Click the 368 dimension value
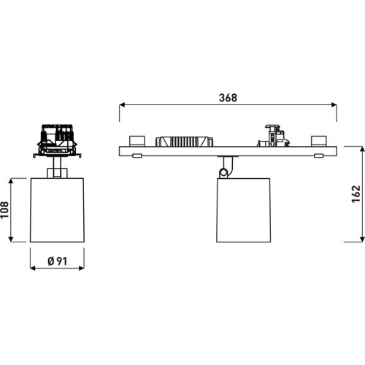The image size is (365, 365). point(228,98)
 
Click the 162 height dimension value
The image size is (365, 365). point(356,194)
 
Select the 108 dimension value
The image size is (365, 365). point(4,210)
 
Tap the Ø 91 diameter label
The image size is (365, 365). point(57,261)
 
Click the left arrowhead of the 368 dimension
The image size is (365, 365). point(122,105)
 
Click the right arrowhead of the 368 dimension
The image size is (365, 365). point(334,105)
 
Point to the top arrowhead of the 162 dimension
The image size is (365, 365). point(362,149)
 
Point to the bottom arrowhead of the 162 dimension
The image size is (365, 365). point(362,239)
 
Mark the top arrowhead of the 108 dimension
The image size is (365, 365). point(11,181)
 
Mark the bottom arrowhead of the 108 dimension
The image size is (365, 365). point(11,239)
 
